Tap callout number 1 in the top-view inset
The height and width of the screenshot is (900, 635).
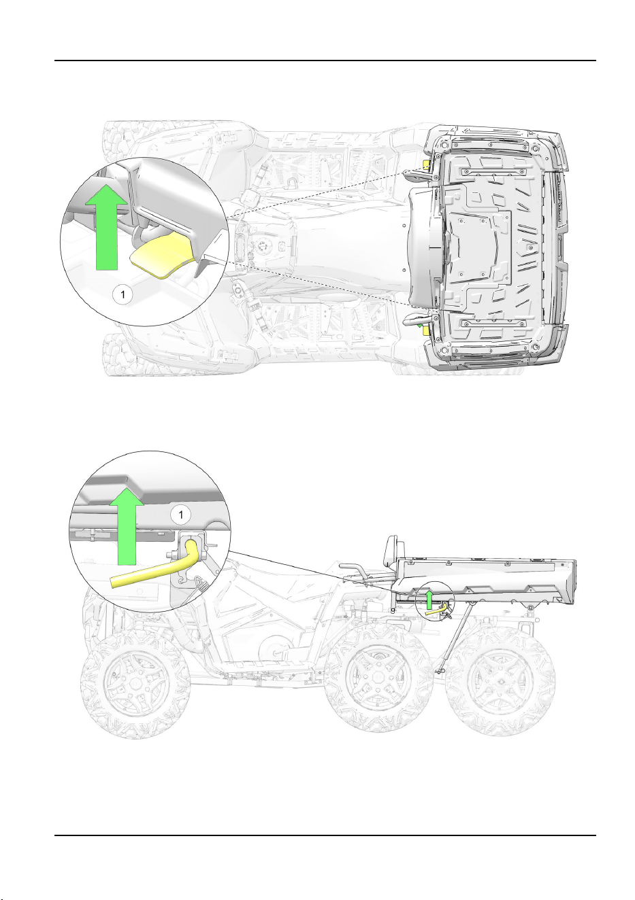click(x=123, y=295)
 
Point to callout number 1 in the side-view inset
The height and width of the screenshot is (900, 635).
click(x=180, y=515)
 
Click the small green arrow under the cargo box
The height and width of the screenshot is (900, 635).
click(x=429, y=599)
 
